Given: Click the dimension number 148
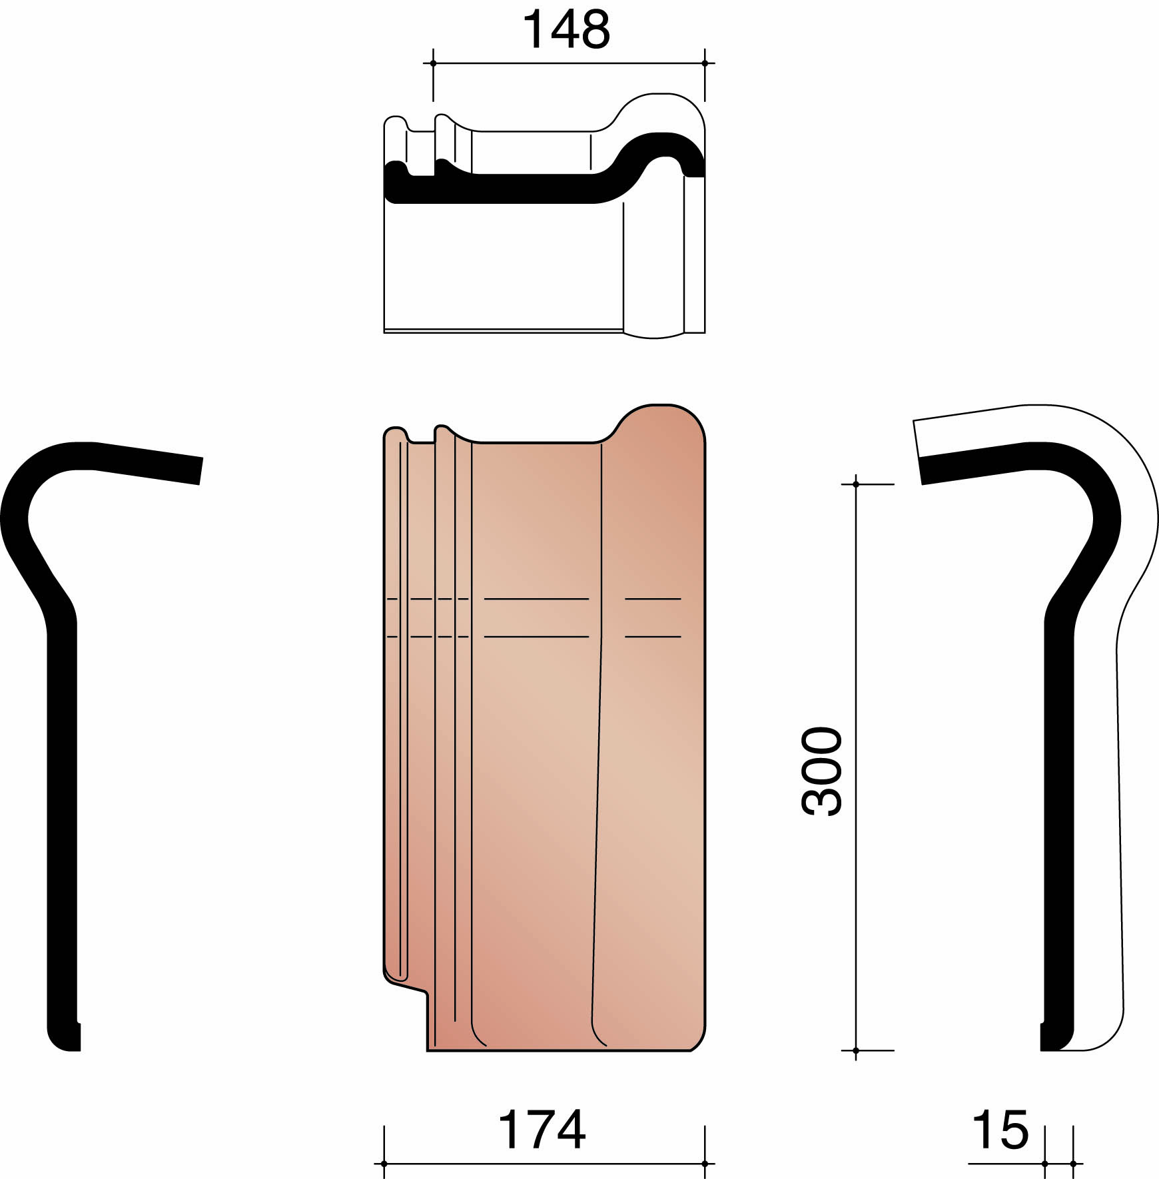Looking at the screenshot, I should pos(566,31).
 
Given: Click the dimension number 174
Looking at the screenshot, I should pos(542,1130).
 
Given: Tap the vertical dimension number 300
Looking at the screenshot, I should pos(822,771).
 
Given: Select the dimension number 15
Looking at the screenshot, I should pos(1000,1130).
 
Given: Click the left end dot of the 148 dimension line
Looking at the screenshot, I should pos(433,63).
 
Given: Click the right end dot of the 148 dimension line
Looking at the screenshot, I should pos(705,63).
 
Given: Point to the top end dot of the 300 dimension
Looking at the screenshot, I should pos(856,484).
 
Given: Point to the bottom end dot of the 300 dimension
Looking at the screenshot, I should pos(856,1050).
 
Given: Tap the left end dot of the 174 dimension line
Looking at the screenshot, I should pos(384,1164).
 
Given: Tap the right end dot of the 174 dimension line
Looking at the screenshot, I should pos(705,1164).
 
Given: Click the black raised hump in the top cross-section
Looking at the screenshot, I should pos(659,143).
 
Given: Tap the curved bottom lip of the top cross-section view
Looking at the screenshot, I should pos(654,334).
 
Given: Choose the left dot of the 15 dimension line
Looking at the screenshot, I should pos(1045,1164).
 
